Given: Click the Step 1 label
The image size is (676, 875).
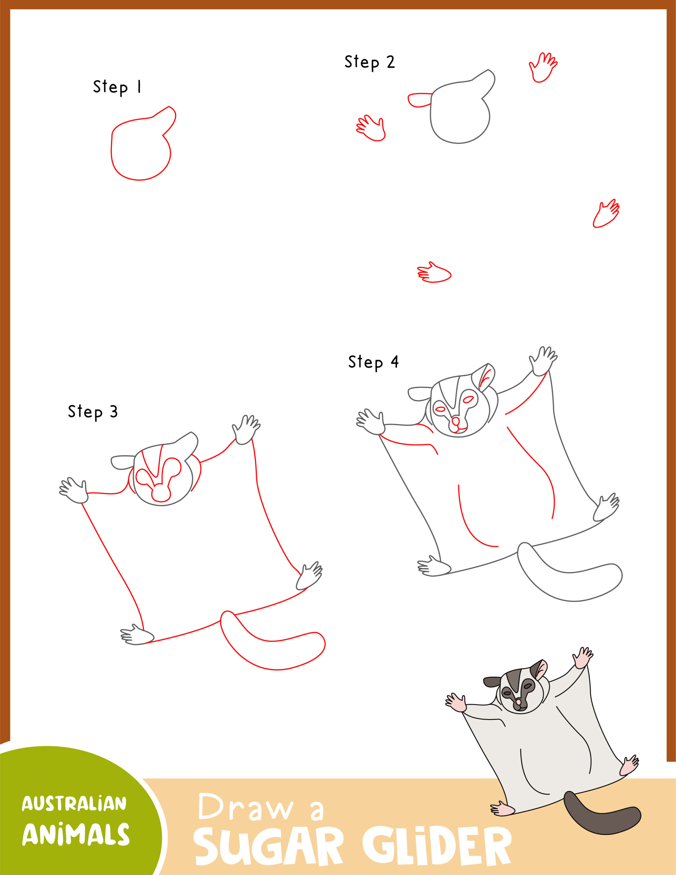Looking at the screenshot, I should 117,87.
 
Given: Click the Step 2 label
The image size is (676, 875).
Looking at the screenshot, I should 369,62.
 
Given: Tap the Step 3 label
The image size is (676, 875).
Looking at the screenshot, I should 93,412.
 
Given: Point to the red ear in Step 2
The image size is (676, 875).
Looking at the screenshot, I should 419,100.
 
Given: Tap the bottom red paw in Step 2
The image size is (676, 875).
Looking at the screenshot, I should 435,274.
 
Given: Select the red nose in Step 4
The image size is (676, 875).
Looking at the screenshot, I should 455,421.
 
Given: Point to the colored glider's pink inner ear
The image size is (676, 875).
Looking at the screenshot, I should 541,668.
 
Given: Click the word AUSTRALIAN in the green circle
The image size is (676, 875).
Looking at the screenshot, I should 74,804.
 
